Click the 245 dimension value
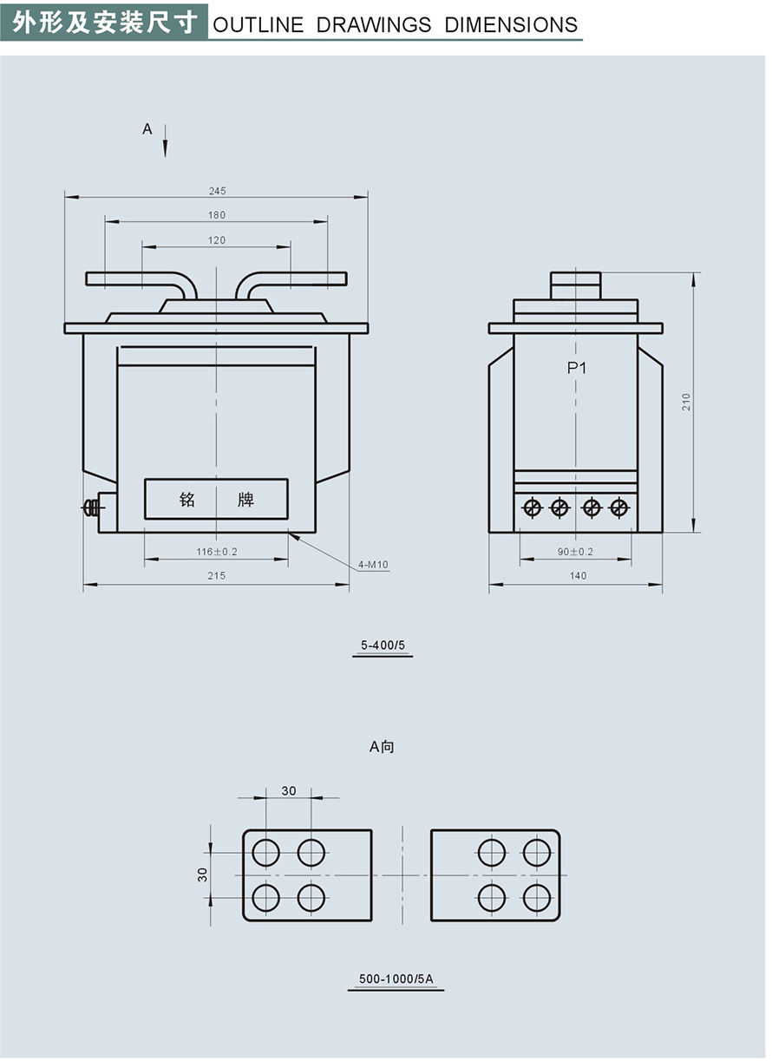tap(217, 191)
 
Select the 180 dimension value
tap(217, 215)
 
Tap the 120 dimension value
tap(217, 240)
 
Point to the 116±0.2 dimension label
tap(217, 552)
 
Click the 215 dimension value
tap(217, 576)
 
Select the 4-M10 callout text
tap(374, 566)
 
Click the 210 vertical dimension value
tap(686, 402)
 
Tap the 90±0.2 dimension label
tap(575, 552)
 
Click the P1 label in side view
tap(577, 368)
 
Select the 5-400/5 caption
tap(383, 645)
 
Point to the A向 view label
tap(382, 746)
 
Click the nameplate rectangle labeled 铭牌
tap(216, 500)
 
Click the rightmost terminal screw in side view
tap(618, 507)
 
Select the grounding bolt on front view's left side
tap(89, 509)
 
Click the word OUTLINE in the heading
tap(258, 25)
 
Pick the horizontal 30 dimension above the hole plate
tap(289, 790)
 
